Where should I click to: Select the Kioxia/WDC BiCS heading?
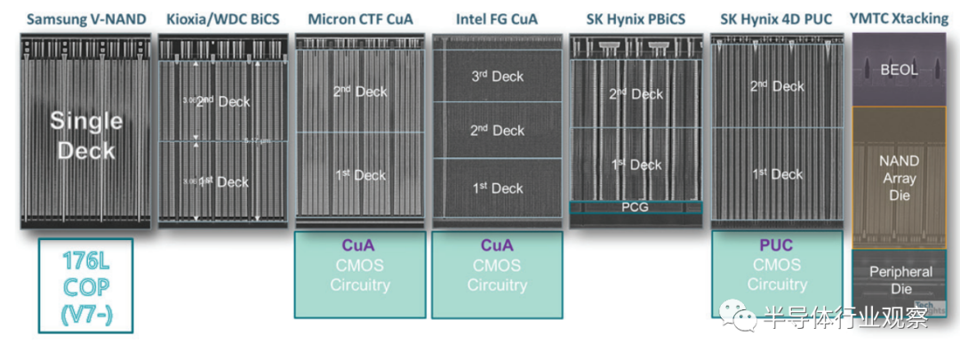(x=222, y=19)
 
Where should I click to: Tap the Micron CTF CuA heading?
(x=360, y=19)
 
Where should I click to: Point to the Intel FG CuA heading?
(x=497, y=19)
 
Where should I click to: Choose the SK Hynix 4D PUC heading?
(x=776, y=19)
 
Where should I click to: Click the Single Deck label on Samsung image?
(x=85, y=136)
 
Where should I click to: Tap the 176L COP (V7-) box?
(x=85, y=285)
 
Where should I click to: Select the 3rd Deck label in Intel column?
(x=497, y=76)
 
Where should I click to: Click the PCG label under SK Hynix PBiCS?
(x=636, y=207)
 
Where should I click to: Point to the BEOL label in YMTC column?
(x=900, y=69)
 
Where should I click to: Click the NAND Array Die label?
(x=900, y=178)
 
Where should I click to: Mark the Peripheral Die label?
(x=900, y=279)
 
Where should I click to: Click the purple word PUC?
(x=776, y=244)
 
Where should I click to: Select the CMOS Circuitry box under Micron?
(x=360, y=275)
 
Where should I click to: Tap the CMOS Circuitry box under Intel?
(x=497, y=275)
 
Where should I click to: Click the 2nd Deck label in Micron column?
(x=360, y=92)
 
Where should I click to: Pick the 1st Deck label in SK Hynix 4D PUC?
(x=776, y=174)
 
